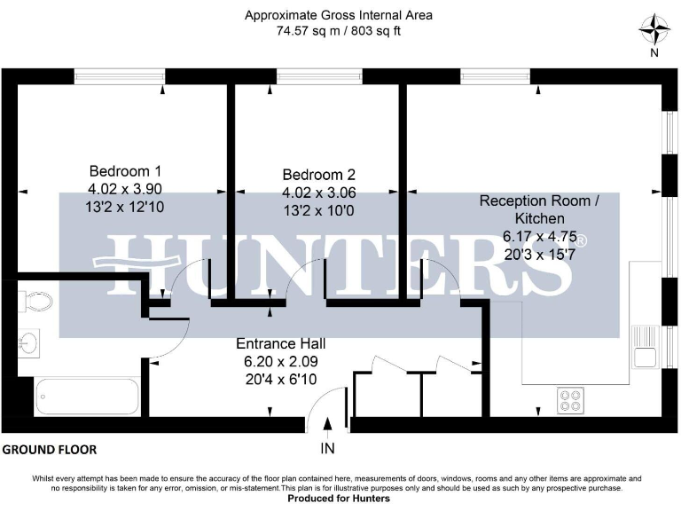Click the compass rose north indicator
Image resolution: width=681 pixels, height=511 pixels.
pos(654,32)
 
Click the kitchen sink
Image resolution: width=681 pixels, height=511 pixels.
pos(643,347)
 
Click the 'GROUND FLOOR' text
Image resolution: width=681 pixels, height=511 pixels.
pos(50,450)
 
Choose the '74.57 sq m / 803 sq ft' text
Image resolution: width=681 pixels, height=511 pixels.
pos(340,30)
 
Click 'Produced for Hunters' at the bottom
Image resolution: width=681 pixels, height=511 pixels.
pos(340,499)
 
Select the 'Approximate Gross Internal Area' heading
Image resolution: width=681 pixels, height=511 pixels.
pos(340,14)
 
